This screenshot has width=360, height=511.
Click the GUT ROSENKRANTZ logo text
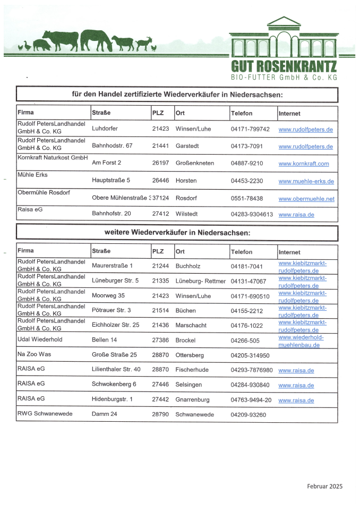tap(284, 67)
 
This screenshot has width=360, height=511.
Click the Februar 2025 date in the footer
tap(324, 486)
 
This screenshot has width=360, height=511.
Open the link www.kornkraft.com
tap(304, 164)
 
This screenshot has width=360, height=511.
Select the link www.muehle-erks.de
tap(306, 181)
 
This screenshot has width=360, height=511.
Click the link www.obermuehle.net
tap(306, 199)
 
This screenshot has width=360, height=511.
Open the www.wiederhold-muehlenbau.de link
tap(300, 341)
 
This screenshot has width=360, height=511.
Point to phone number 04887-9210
tap(247, 163)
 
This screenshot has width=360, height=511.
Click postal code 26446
tap(160, 181)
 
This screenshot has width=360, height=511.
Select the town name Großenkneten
tap(195, 163)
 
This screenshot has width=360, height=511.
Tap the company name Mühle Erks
tap(33, 175)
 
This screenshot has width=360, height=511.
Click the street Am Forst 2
tap(107, 163)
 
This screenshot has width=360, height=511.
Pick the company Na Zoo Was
tap(35, 354)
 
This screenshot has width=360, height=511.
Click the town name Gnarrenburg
tap(192, 399)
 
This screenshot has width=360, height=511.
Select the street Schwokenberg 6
tap(114, 385)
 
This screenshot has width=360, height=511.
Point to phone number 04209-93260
tap(248, 414)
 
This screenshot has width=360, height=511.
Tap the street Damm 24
tap(105, 414)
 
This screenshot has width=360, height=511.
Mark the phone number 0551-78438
tap(247, 198)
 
